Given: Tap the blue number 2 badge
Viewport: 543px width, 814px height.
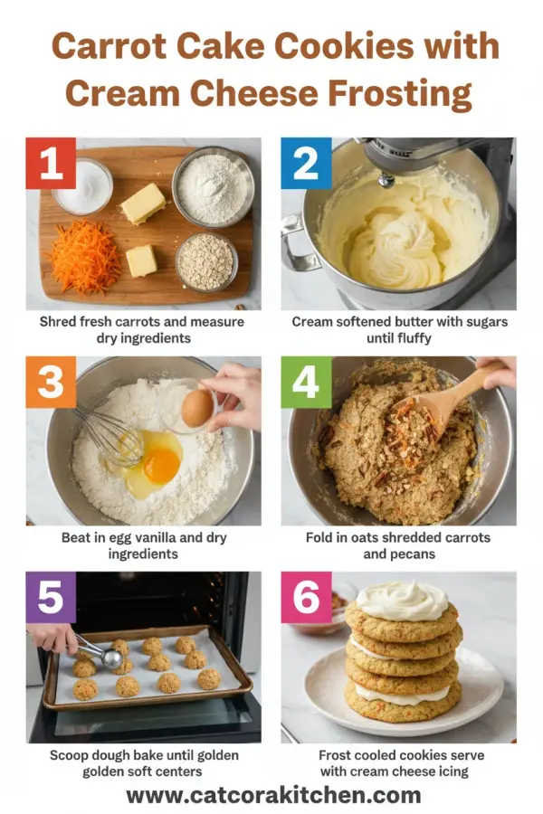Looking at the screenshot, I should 306,163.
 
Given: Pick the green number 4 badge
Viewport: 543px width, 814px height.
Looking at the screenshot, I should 306,382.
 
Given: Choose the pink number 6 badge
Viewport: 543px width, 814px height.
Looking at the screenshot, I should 306,597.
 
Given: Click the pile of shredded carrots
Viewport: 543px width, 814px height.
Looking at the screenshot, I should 84,259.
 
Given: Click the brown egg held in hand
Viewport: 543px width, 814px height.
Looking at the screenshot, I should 197,408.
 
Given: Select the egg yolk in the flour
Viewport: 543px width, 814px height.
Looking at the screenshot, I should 162,465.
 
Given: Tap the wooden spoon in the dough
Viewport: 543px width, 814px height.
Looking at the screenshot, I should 448,398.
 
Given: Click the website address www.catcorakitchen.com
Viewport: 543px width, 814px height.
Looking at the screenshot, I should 272,795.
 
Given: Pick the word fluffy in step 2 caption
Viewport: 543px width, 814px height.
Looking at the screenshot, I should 411,338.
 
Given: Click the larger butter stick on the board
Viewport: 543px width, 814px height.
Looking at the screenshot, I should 143,203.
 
